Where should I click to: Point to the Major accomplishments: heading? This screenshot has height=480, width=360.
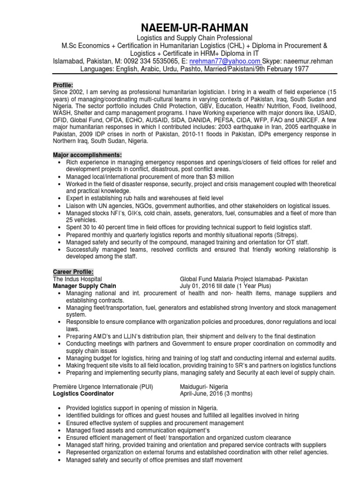point(87,155)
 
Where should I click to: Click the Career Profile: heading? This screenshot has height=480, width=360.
point(73,271)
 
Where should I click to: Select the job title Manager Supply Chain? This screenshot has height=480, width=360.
point(84,286)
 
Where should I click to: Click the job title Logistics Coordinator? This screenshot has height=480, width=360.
point(83,394)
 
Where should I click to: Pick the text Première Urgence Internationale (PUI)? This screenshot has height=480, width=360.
point(103,387)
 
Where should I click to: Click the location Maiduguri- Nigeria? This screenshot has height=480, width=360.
point(204,387)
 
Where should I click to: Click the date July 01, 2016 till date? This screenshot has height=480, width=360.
point(211,286)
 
